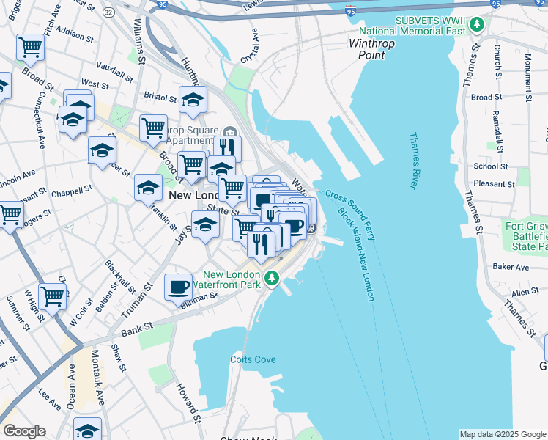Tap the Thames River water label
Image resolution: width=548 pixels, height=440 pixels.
413,161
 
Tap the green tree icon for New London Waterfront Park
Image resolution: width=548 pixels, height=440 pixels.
272,277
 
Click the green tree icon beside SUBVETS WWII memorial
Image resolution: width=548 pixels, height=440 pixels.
477,25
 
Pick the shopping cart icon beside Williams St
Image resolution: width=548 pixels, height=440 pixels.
153,128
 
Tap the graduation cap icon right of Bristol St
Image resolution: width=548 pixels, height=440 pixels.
193,100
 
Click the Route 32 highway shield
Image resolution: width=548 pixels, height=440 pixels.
108,12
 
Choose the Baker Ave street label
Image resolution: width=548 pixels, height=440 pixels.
511,267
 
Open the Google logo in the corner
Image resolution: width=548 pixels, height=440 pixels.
24,431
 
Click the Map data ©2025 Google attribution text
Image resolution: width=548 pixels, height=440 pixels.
503,434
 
